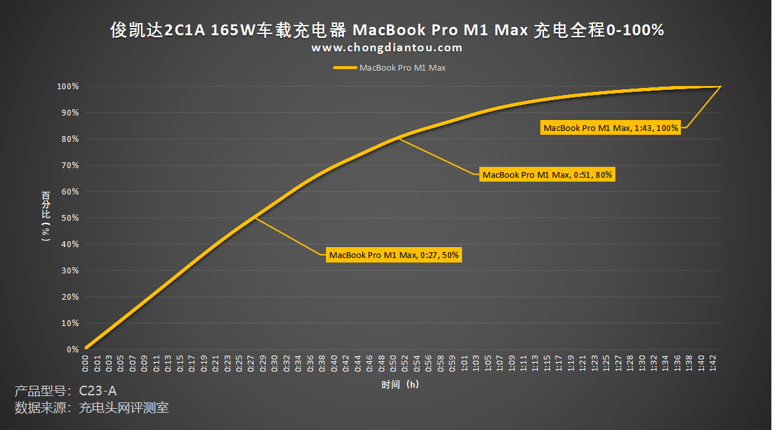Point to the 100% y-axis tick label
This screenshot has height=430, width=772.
[x=67, y=87]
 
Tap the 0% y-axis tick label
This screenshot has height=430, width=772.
[x=72, y=350]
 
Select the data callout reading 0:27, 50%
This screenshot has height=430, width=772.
[x=394, y=255]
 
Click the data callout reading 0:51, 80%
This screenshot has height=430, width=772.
[x=547, y=174]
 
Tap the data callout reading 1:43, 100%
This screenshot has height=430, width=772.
[x=610, y=128]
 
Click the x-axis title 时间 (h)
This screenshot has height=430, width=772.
[x=400, y=384]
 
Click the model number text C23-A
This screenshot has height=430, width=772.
[x=98, y=391]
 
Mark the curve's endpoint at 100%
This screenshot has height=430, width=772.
[x=721, y=87]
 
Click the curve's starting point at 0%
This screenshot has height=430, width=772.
[x=85, y=348]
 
